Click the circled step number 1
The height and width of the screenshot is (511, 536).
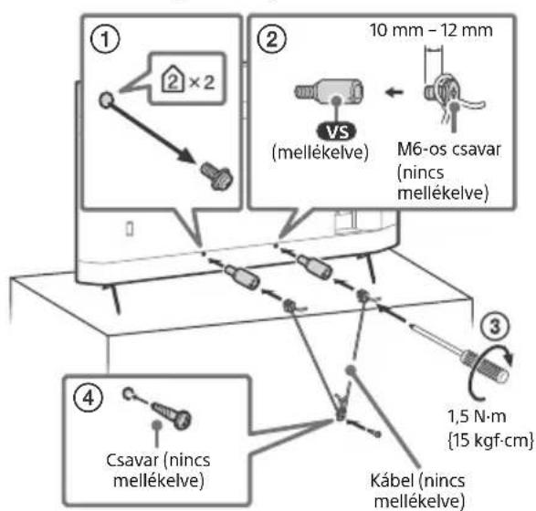pyautogui.click(x=105, y=39)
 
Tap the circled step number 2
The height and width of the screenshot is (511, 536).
pyautogui.click(x=272, y=39)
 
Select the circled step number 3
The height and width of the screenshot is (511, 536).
pyautogui.click(x=495, y=326)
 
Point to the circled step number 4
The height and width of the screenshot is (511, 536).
pyautogui.click(x=89, y=398)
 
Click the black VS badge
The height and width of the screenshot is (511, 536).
pyautogui.click(x=336, y=131)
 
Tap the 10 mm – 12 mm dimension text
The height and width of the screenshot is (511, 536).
pyautogui.click(x=431, y=30)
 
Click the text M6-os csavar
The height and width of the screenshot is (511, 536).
pyautogui.click(x=449, y=150)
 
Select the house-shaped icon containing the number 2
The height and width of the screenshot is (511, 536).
pyautogui.click(x=173, y=78)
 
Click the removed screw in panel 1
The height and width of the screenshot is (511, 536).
pyautogui.click(x=216, y=175)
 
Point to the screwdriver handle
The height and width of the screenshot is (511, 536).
pyautogui.click(x=486, y=366)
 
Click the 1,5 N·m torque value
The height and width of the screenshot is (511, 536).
pyautogui.click(x=477, y=417)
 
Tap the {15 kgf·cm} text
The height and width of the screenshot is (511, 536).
pyautogui.click(x=490, y=440)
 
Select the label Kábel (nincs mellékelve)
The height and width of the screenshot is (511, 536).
pyautogui.click(x=417, y=491)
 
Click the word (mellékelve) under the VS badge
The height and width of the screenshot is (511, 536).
pyautogui.click(x=321, y=152)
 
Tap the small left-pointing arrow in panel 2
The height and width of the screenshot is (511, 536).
pyautogui.click(x=394, y=91)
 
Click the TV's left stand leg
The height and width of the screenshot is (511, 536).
pyautogui.click(x=113, y=297)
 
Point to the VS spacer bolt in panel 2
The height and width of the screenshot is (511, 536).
pyautogui.click(x=329, y=92)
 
